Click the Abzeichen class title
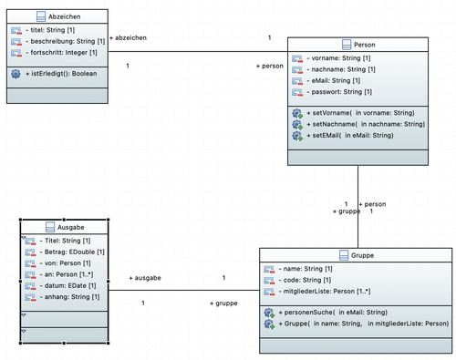(65, 16)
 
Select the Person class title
(365, 45)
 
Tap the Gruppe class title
(362, 255)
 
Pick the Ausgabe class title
(71, 227)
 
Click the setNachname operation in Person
(366, 124)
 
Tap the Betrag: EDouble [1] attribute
(72, 252)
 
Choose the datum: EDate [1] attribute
(67, 285)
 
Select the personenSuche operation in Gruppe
(333, 313)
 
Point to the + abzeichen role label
(128, 37)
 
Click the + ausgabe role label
(145, 278)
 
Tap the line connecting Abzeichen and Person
(198, 51)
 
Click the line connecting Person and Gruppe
(358, 207)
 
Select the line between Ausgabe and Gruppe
(184, 290)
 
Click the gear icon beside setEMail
(297, 136)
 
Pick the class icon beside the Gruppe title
(344, 255)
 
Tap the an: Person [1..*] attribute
(67, 274)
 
